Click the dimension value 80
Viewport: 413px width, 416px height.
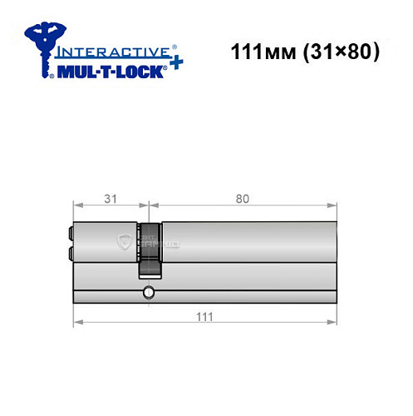[242, 198]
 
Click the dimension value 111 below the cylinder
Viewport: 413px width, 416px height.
[204, 316]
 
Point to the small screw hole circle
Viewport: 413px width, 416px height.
[148, 292]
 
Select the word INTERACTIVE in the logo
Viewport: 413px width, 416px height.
[114, 52]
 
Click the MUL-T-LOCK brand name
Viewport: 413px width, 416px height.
[111, 71]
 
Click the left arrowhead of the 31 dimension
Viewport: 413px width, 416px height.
[76, 206]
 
